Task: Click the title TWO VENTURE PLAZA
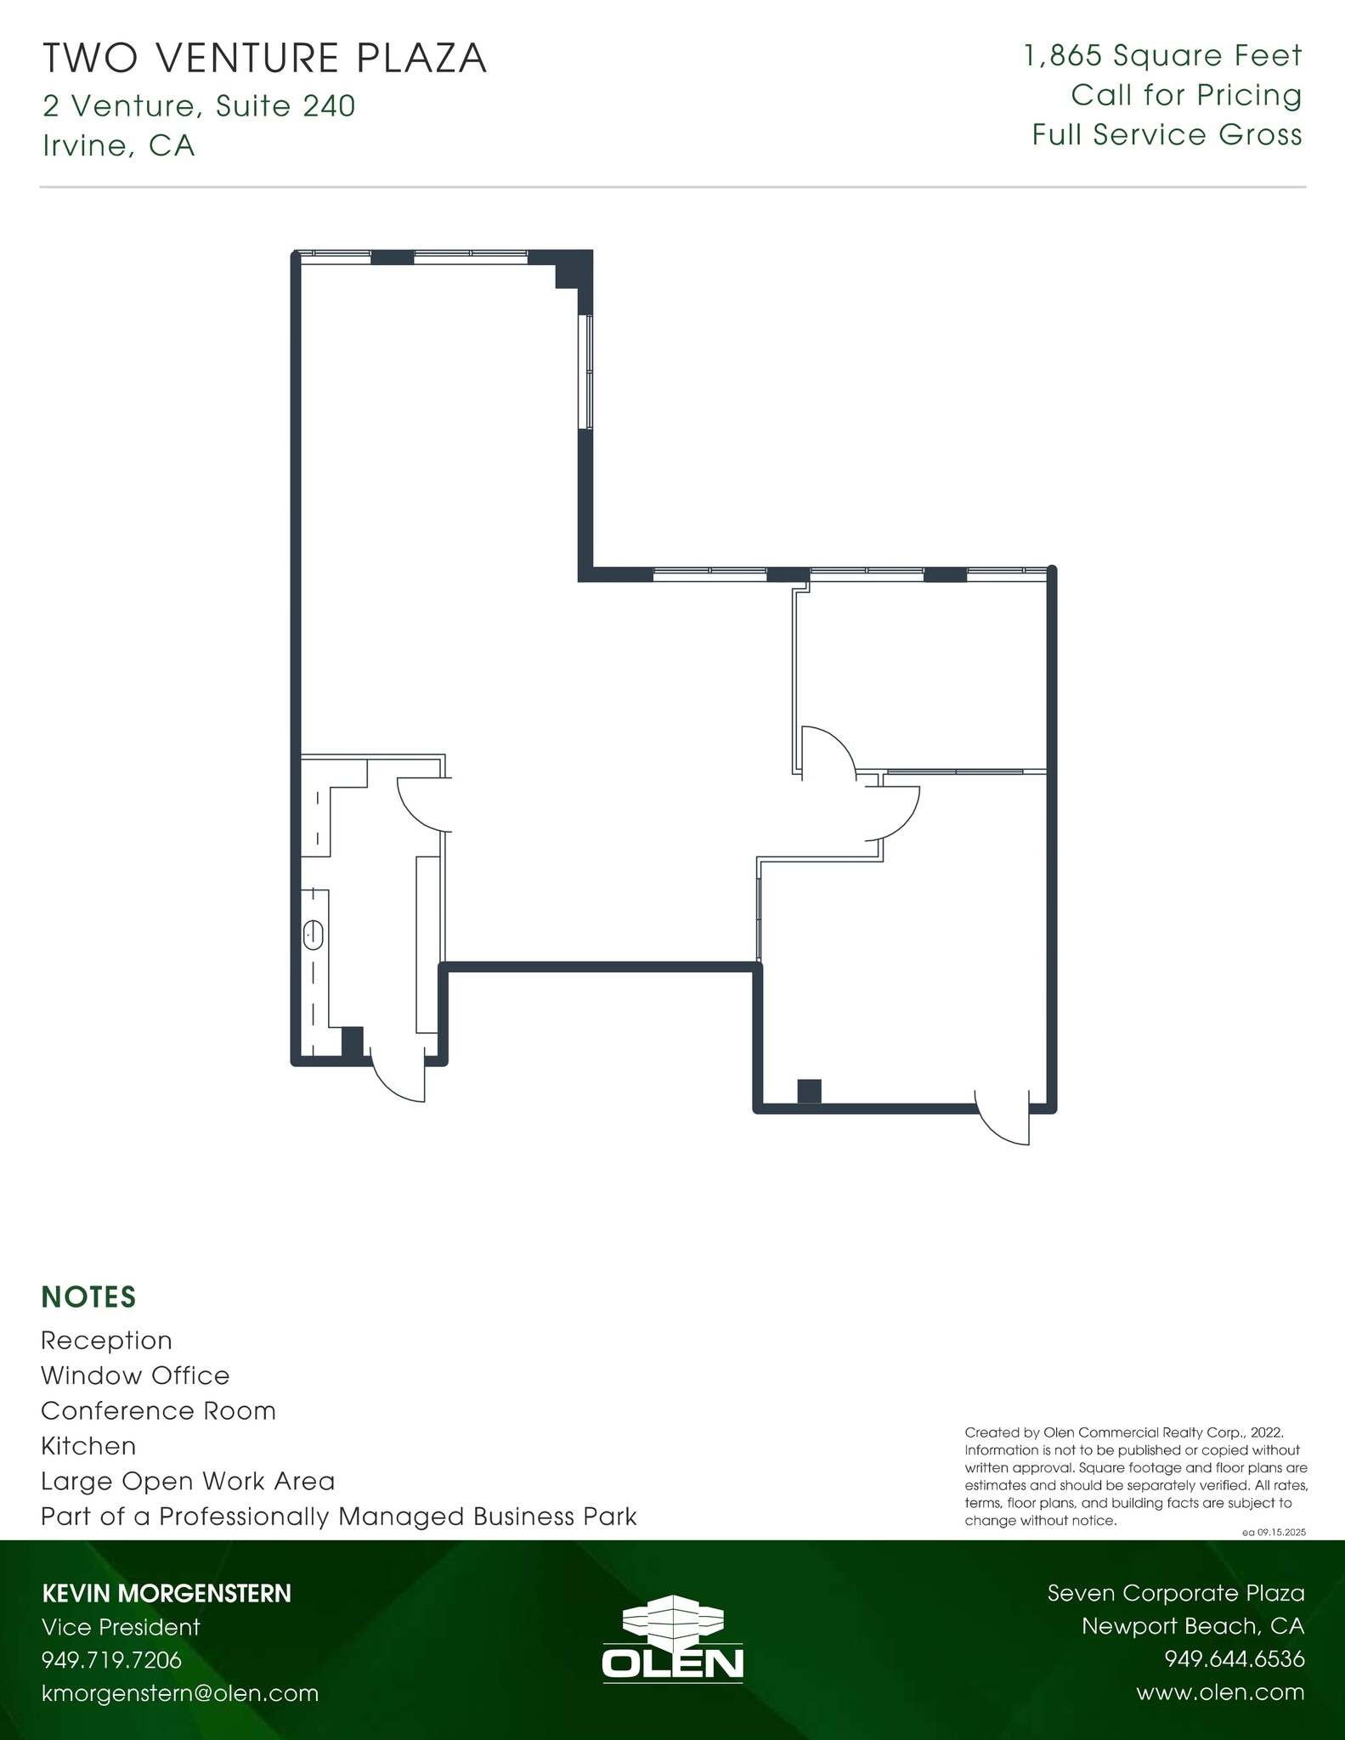tap(264, 59)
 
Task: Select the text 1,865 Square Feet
tap(1163, 56)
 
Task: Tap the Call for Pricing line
tap(1186, 95)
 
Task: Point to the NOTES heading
tap(88, 1297)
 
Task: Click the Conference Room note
tap(159, 1411)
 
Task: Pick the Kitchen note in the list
tap(88, 1446)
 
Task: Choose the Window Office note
tap(135, 1376)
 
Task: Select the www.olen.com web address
tap(1220, 1692)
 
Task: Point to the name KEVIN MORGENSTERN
tap(167, 1593)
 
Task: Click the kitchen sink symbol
tap(314, 935)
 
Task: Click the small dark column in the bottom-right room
tap(810, 1091)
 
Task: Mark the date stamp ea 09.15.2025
tap(1273, 1533)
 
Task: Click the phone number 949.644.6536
tap(1234, 1659)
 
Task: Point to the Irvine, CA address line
tap(118, 146)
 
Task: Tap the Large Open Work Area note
tap(188, 1482)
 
